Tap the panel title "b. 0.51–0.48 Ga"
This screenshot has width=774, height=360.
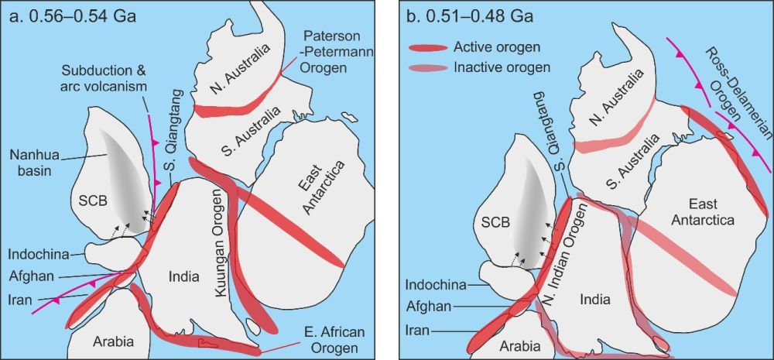462,15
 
